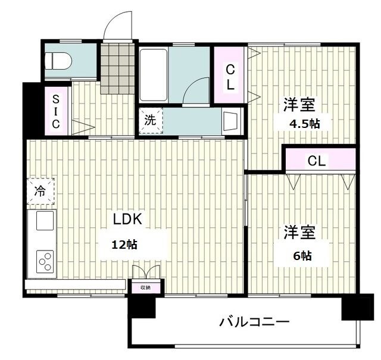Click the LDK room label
[x=128, y=218]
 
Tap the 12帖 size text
[x=126, y=244]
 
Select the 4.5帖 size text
[x=304, y=124]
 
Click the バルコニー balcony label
[x=254, y=323]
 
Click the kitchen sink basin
[x=45, y=221]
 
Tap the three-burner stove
[x=45, y=260]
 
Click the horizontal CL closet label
[x=317, y=161]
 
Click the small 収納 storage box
[x=145, y=287]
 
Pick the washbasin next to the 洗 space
[x=230, y=121]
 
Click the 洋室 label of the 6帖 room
[x=299, y=232]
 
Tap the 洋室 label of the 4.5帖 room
[x=299, y=104]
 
